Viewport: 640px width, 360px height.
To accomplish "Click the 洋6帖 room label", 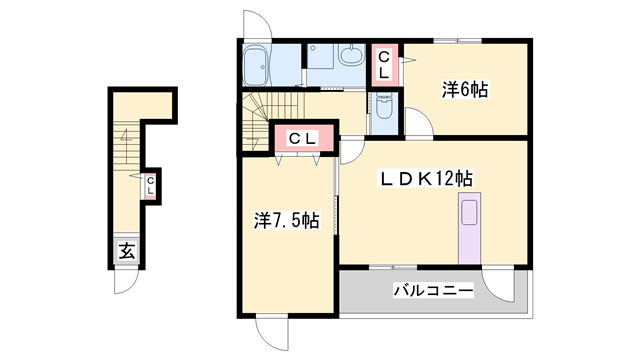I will (465, 90).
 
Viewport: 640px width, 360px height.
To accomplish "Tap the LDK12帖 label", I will (425, 179).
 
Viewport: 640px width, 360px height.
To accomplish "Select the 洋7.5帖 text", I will (286, 220).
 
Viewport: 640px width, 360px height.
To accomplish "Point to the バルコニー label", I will (432, 291).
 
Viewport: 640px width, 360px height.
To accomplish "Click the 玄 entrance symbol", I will (127, 251).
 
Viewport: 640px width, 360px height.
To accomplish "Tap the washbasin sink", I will (352, 57).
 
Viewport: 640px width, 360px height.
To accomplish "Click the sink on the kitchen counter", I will (469, 210).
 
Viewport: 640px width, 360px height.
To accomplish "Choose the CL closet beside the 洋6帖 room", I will (384, 65).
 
